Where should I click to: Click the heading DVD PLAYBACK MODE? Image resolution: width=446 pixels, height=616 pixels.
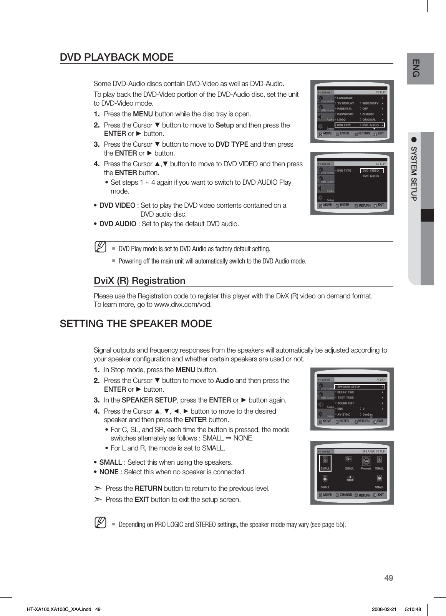click(x=117, y=58)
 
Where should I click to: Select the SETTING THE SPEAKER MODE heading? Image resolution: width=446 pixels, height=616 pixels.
click(x=136, y=324)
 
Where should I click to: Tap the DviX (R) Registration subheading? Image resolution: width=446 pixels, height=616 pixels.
click(x=139, y=281)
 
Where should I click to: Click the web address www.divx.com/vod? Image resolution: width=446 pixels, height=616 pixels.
click(x=182, y=305)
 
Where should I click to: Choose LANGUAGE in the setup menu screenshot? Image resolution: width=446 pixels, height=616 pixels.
click(x=345, y=98)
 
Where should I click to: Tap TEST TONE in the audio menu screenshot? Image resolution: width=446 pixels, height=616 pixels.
click(x=346, y=397)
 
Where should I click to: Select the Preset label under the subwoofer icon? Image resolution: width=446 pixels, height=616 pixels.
click(x=366, y=469)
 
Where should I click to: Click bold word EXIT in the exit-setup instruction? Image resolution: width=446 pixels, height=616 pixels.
click(x=142, y=500)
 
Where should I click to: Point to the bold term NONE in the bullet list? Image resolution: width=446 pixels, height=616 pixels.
click(x=109, y=472)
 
